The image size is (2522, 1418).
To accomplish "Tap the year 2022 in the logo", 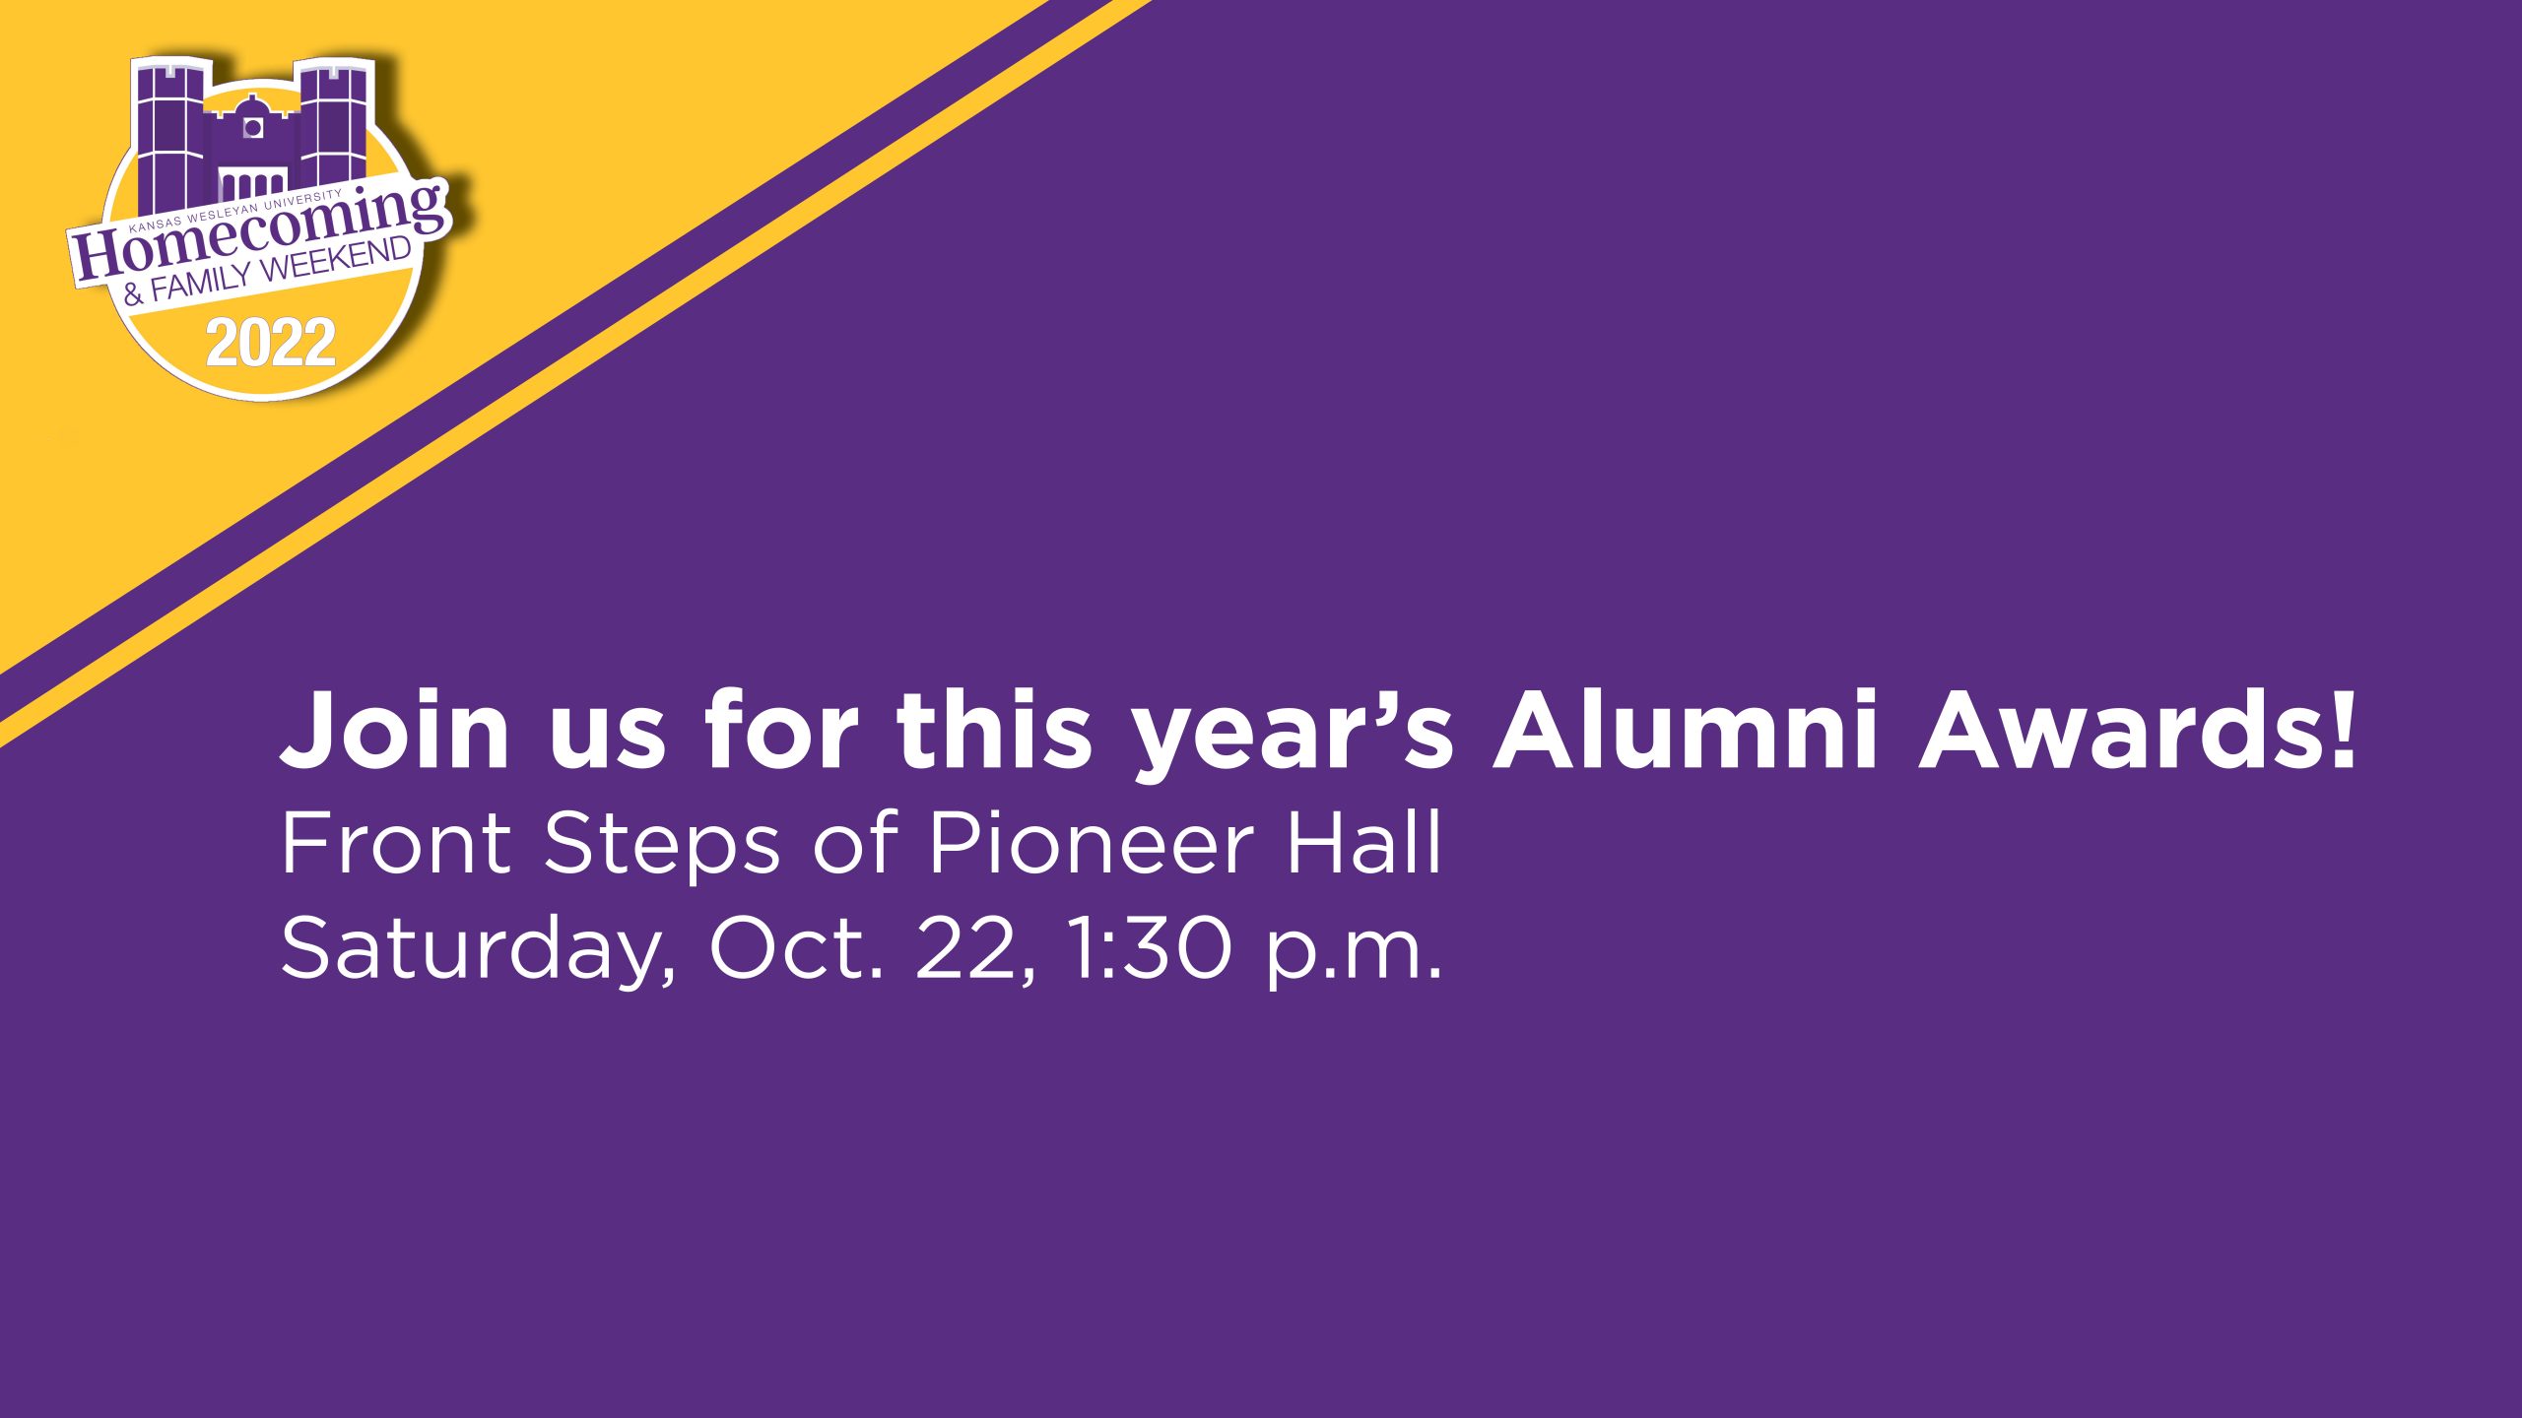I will (x=271, y=343).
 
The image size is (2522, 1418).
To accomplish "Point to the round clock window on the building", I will (x=252, y=127).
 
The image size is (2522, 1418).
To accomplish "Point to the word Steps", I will (x=662, y=845).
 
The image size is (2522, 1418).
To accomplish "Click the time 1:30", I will (x=1151, y=947).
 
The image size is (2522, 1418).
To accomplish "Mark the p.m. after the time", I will (x=1354, y=951).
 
